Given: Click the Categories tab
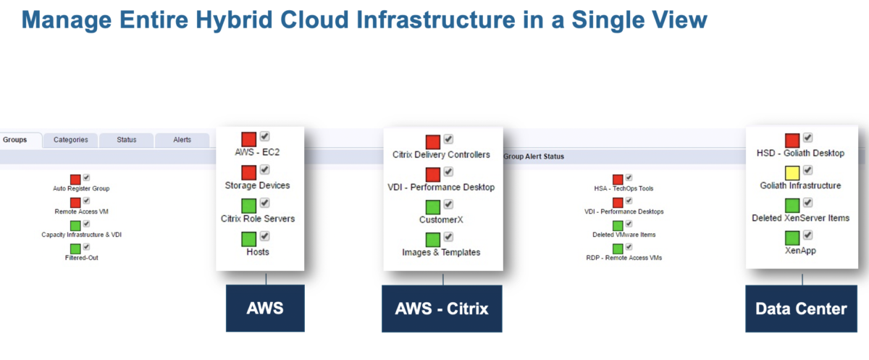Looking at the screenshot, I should click(x=70, y=140).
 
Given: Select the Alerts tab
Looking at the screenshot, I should click(x=182, y=140).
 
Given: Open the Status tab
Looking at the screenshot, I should click(x=127, y=140).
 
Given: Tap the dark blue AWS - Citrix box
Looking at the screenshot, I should click(x=442, y=309).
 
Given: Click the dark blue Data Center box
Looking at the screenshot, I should click(x=801, y=309).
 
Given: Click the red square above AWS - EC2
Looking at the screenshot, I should click(x=248, y=139).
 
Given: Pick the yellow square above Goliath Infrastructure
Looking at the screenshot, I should click(x=792, y=172).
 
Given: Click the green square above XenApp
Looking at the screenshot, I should click(x=792, y=237).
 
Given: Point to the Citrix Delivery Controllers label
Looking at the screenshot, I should click(x=441, y=154).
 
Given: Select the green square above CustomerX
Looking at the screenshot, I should click(x=433, y=206).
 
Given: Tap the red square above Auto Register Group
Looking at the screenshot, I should click(x=75, y=179).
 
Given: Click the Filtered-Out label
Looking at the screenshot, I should click(x=81, y=257).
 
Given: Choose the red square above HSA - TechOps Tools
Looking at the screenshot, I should click(x=618, y=179).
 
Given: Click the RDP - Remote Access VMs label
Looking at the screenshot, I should click(x=624, y=257).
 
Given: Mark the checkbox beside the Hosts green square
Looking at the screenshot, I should click(x=265, y=235).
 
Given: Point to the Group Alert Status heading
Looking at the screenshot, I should click(x=534, y=156).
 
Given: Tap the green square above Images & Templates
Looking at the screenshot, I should click(x=433, y=239).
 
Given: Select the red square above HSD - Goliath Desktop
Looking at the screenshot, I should click(x=792, y=139).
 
